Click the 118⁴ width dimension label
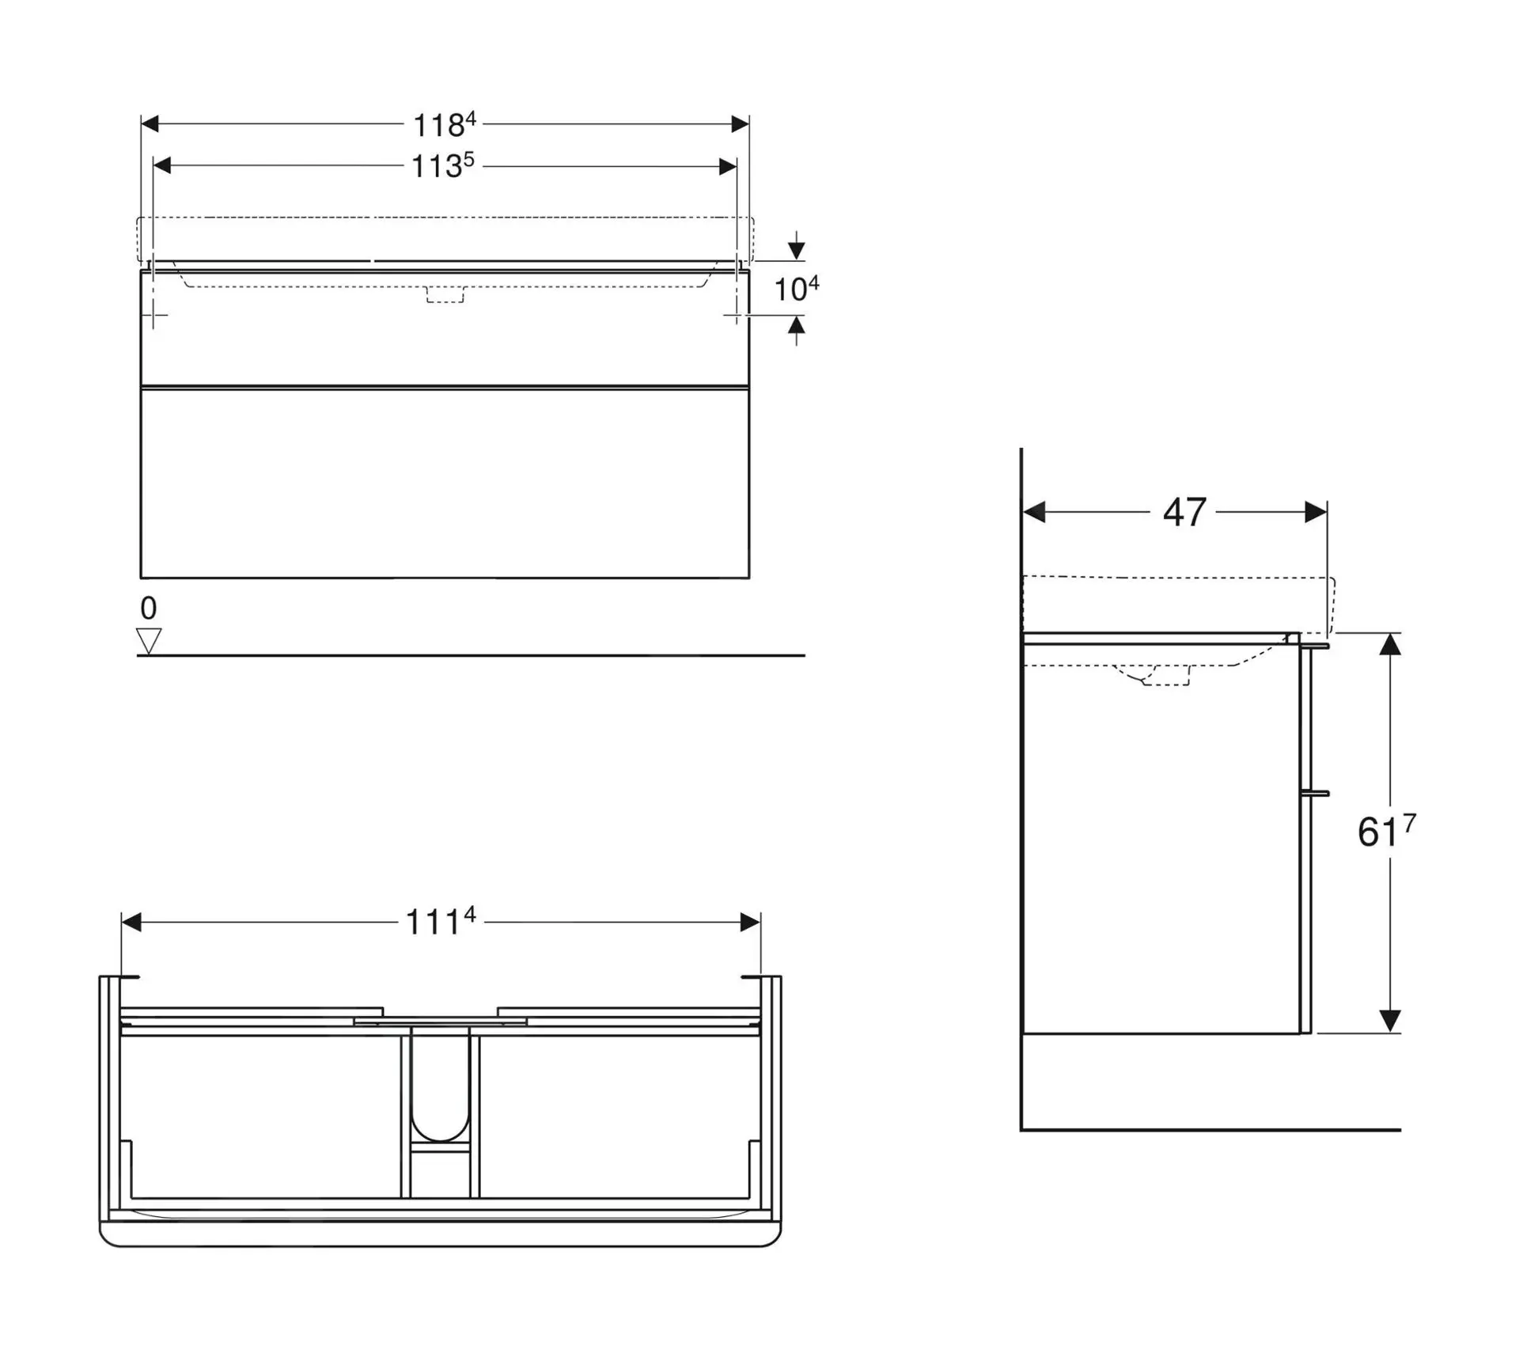click(x=445, y=125)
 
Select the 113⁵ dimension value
click(x=442, y=166)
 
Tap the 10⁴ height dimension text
click(x=795, y=289)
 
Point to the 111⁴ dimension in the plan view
click(x=440, y=921)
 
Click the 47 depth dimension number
click(x=1184, y=512)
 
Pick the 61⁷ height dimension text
click(x=1385, y=831)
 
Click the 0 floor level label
click(x=148, y=608)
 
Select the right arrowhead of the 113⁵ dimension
click(x=727, y=166)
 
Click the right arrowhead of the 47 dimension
click(x=1316, y=512)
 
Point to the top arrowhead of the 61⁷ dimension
click(x=1390, y=644)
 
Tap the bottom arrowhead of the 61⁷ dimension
click(x=1390, y=1021)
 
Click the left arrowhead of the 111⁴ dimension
click(x=131, y=922)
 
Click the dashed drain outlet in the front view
click(x=445, y=294)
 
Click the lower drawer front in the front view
click(x=445, y=483)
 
